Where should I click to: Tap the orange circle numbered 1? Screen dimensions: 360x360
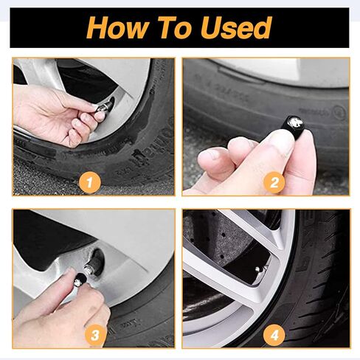click(90, 181)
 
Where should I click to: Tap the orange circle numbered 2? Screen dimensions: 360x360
click(274, 181)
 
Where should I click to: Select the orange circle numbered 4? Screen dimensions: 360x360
click(274, 334)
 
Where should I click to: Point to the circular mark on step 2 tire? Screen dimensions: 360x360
click(339, 113)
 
